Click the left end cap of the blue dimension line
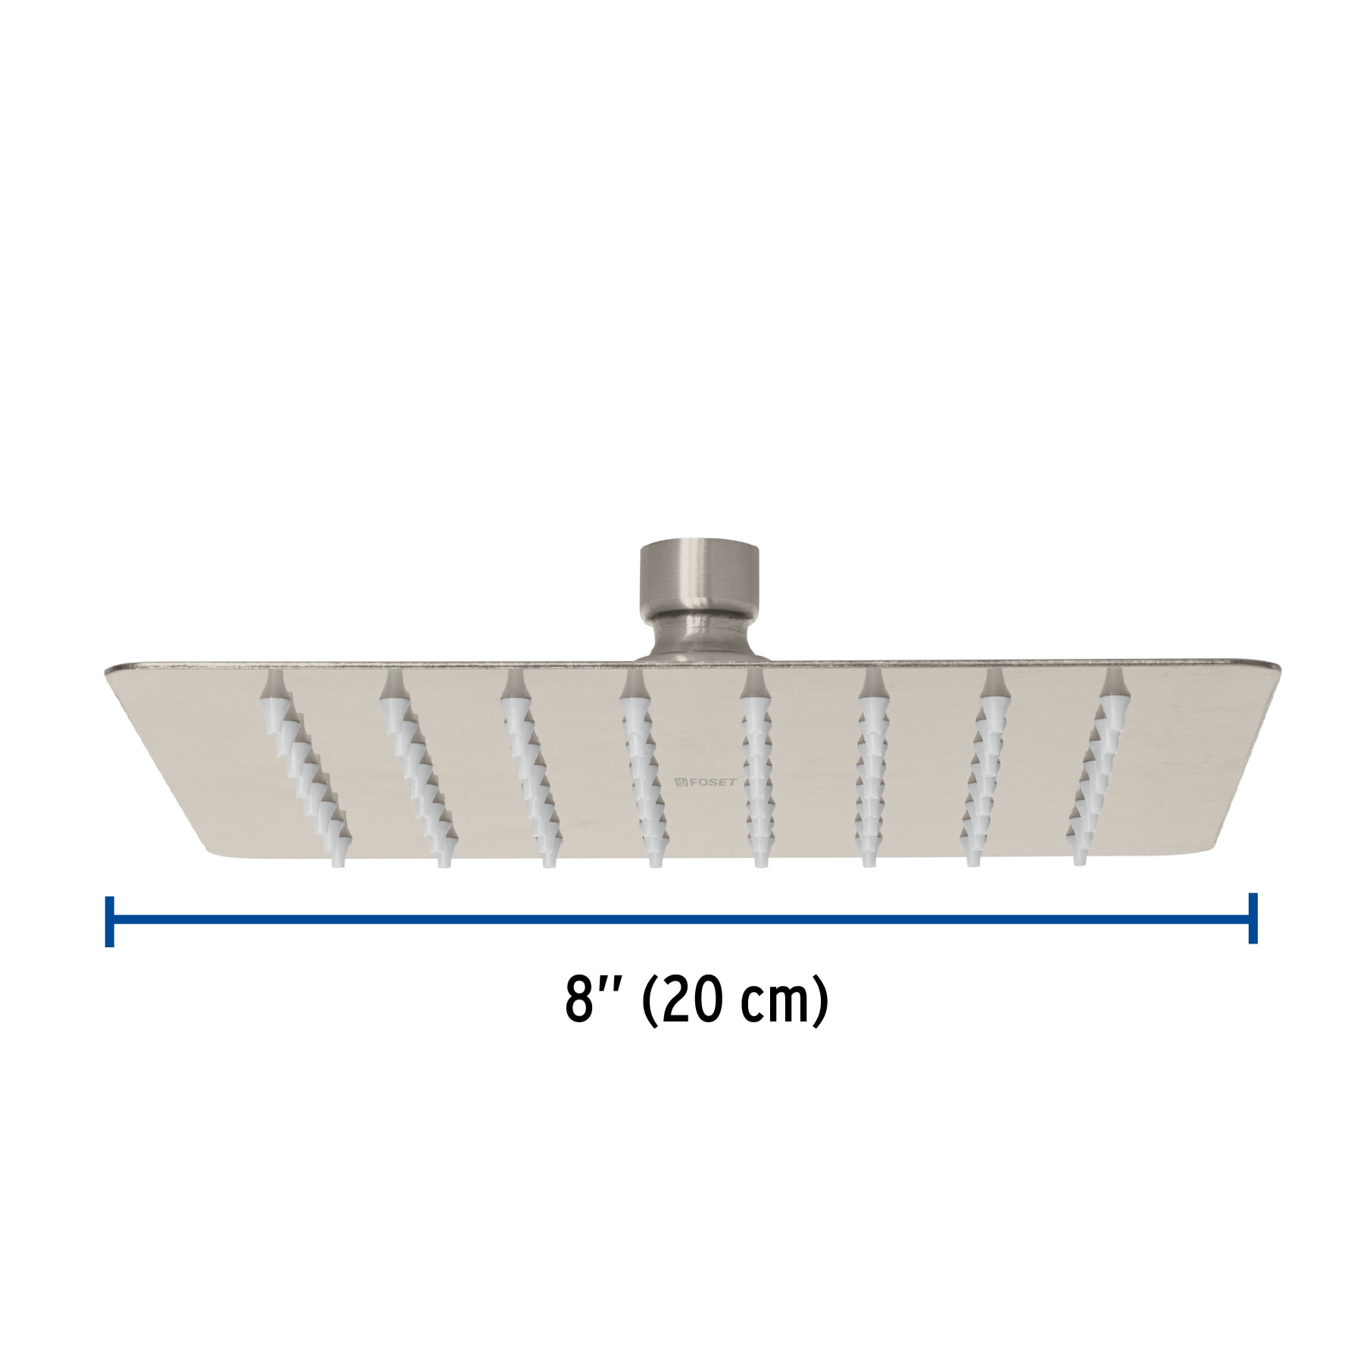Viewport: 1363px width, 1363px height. coord(110,920)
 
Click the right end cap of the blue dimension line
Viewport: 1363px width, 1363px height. coord(1253,919)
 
